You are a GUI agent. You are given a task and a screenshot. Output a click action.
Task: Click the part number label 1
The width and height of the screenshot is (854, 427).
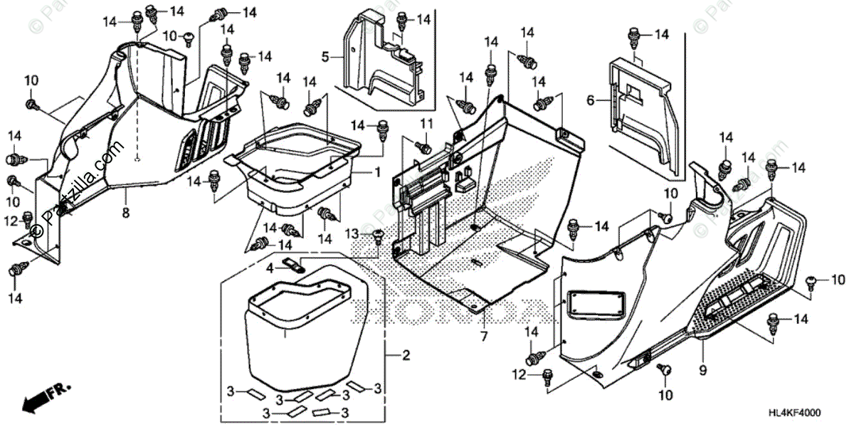[x=378, y=172]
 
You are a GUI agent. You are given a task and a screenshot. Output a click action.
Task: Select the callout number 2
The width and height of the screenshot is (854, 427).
[x=405, y=355]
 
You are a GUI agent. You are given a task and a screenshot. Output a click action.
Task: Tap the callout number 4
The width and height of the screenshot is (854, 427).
[x=270, y=268]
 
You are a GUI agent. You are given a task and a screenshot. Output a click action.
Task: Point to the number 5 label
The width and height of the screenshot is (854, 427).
[x=325, y=56]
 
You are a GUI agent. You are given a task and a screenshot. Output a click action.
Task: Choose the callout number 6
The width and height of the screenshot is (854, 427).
[x=590, y=101]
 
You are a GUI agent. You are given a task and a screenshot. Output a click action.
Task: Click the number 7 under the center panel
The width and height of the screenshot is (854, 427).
[x=483, y=335]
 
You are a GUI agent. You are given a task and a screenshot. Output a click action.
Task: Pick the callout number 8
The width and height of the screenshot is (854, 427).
[x=125, y=211]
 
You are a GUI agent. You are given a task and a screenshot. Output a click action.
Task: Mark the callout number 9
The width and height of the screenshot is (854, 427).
[x=702, y=369]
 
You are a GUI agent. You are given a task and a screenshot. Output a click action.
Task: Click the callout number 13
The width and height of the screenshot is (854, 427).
[x=352, y=234]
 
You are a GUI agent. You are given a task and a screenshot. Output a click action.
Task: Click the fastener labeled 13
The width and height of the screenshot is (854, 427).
[x=377, y=236]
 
